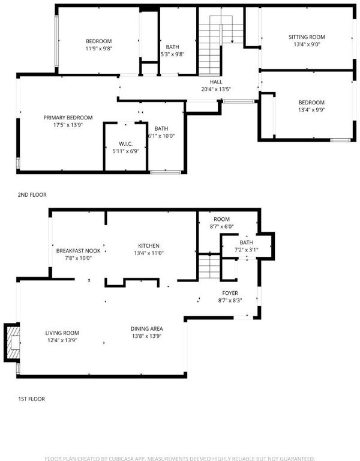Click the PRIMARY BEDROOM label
(x=68, y=118)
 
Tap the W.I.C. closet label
(x=126, y=144)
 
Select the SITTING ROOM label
(x=307, y=37)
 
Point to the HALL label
(x=216, y=82)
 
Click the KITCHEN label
(x=149, y=246)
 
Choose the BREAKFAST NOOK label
(x=78, y=251)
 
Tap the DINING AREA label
(x=146, y=329)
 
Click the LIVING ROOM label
(x=62, y=333)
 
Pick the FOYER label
(x=230, y=293)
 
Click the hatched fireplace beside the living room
(x=12, y=343)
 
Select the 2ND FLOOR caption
(x=32, y=194)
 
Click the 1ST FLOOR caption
(x=31, y=399)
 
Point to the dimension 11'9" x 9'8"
(x=99, y=49)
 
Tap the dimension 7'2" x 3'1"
(x=246, y=250)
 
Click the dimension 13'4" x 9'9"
(x=311, y=110)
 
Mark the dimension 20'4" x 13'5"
(x=216, y=89)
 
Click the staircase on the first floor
(x=209, y=267)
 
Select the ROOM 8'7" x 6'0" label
(x=221, y=223)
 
